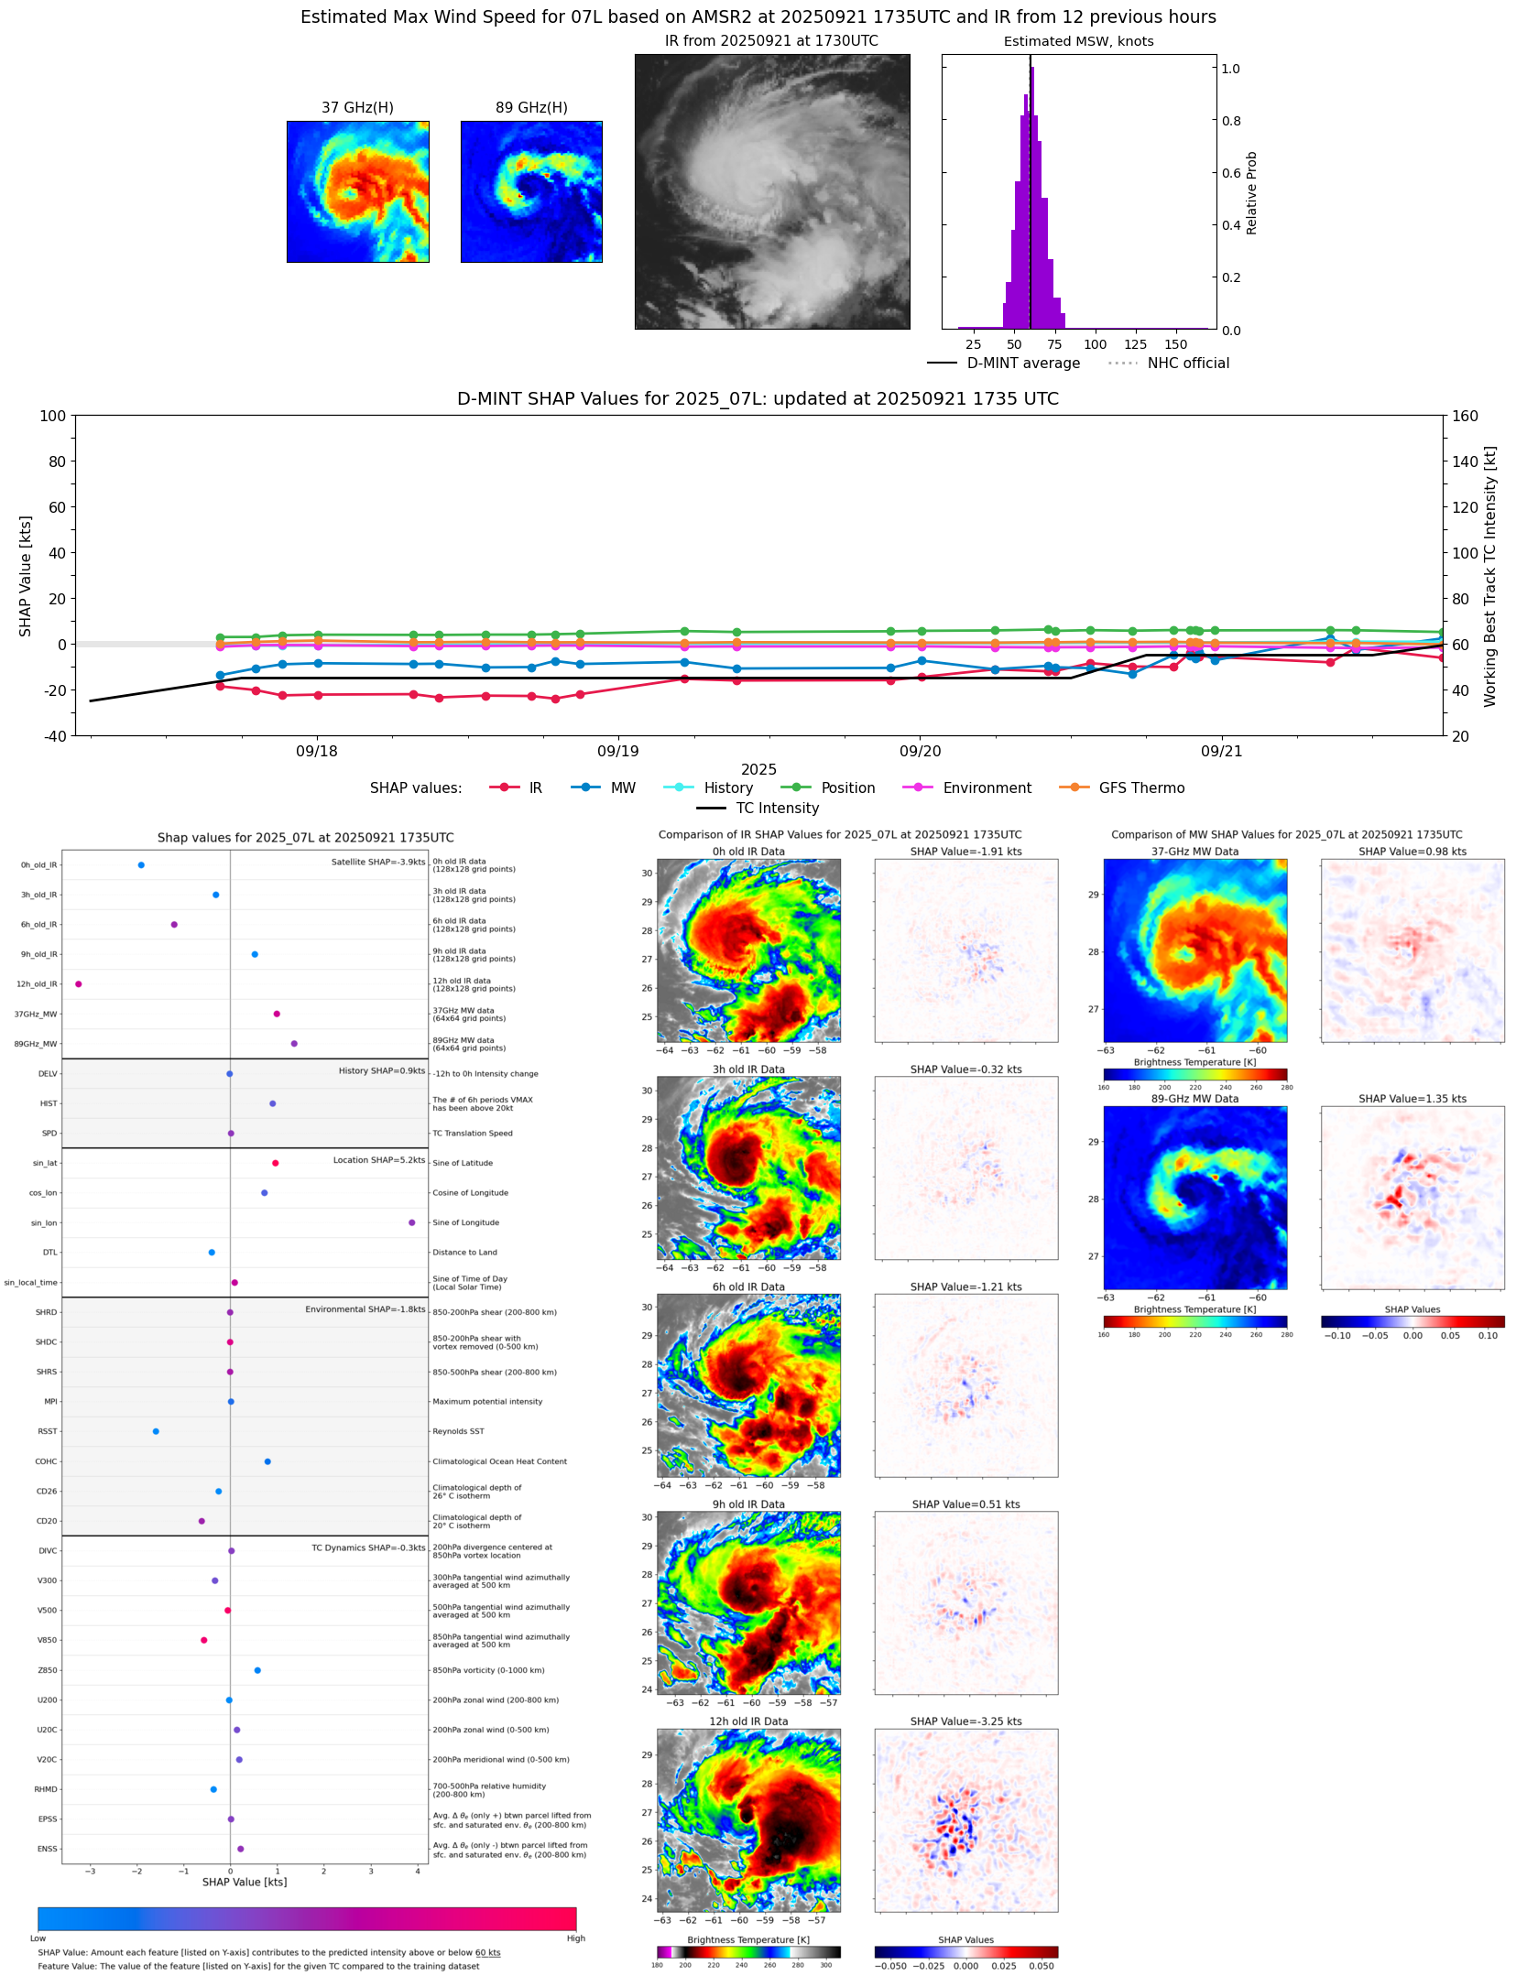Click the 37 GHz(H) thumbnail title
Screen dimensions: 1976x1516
click(x=357, y=108)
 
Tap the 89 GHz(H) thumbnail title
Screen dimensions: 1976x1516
click(x=531, y=108)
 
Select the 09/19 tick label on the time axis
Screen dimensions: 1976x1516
click(x=618, y=752)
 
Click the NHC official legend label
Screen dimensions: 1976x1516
click(x=1188, y=364)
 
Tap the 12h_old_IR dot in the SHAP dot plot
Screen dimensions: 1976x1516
click(x=79, y=984)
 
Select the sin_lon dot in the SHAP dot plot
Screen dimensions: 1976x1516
click(x=412, y=1223)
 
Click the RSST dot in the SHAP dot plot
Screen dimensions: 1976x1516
click(x=156, y=1431)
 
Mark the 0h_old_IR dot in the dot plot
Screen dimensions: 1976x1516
click(x=141, y=865)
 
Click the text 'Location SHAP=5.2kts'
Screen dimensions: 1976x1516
click(x=378, y=1160)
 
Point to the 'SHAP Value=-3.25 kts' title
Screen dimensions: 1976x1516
click(x=965, y=1721)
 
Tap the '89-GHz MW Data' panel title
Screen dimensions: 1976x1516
click(x=1194, y=1099)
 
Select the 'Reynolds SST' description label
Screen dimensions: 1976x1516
click(x=458, y=1431)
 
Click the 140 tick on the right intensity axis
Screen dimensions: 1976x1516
click(x=1465, y=461)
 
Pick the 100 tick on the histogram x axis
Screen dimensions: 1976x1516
click(x=1095, y=345)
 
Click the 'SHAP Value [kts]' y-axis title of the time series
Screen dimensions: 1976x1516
click(x=26, y=576)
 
